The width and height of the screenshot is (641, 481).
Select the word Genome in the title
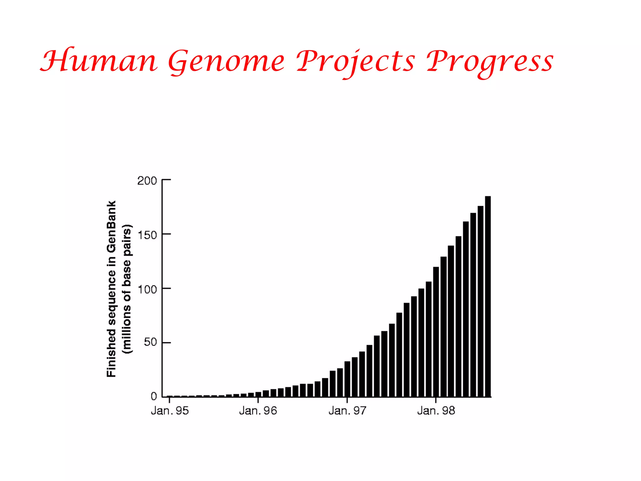tap(226, 62)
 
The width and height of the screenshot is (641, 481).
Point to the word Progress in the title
tap(490, 62)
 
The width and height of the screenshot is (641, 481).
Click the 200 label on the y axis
tap(147, 181)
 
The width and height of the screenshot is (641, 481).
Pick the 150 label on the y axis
tap(147, 235)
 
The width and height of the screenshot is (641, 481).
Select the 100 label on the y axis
tap(147, 289)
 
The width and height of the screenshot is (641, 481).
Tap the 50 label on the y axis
tap(150, 342)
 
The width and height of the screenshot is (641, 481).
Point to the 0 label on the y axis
tap(154, 396)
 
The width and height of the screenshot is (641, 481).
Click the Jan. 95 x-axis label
tap(170, 411)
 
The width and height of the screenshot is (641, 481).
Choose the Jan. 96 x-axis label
tap(258, 411)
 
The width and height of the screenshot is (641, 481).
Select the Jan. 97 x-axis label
tap(347, 411)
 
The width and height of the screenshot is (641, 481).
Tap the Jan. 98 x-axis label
tap(436, 411)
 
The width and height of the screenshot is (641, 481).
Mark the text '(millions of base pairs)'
tap(127, 289)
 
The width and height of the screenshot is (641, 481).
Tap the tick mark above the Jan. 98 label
tap(436, 400)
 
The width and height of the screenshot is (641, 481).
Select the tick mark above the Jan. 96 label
tap(258, 400)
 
